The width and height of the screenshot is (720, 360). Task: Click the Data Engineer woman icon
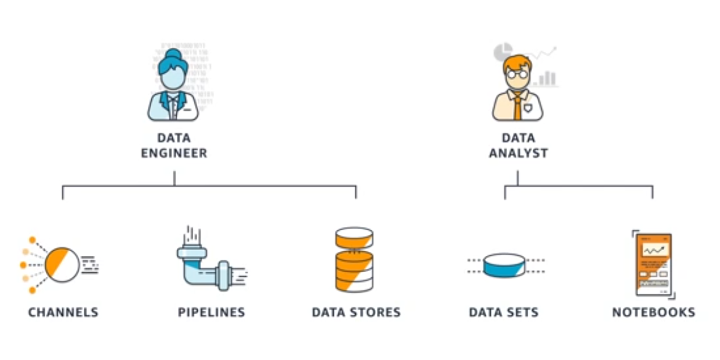173,87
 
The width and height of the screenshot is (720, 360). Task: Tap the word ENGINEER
174,154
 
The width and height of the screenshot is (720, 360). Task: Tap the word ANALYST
518,154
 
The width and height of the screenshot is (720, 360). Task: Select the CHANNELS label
63,312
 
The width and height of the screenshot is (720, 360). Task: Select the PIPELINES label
211,312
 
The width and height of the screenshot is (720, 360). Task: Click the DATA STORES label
356,312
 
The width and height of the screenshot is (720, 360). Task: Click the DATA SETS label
504,312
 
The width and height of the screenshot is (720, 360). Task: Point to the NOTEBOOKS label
653,312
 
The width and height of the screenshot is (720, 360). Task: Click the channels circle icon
62,265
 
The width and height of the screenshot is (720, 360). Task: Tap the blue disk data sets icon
504,265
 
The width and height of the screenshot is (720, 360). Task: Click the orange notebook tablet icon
653,265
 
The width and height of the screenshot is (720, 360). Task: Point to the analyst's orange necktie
518,107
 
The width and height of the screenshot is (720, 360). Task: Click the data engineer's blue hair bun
173,55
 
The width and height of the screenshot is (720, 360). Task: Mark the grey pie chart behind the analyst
502,52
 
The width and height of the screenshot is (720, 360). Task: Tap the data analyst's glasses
516,74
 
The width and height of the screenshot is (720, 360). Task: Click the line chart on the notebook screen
654,250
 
